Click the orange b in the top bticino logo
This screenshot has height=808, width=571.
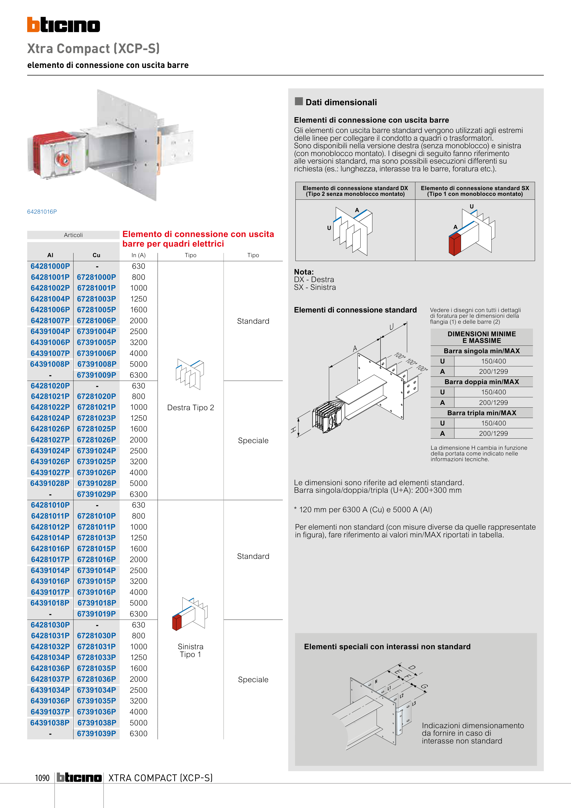pos(33,25)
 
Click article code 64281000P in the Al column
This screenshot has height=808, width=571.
pos(50,267)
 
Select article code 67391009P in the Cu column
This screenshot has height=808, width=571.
pos(97,375)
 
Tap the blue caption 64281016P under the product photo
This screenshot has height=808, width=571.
pos(42,212)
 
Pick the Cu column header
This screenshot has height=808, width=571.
pos(97,255)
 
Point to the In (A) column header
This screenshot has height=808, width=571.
pos(139,255)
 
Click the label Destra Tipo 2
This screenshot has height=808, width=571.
pos(190,407)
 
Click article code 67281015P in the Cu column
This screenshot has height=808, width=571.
pos(97,549)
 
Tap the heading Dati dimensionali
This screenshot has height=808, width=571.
pos(341,102)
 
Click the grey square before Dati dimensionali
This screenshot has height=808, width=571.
pos(299,101)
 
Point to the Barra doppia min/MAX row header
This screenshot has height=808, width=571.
pos(481,382)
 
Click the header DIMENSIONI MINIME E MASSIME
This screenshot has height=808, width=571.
pos(481,337)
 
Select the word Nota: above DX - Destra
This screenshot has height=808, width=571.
pos(304,272)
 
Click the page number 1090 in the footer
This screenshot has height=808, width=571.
pos(42,778)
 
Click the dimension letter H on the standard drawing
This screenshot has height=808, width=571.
pos(293,430)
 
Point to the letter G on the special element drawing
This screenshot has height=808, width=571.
pos(424,687)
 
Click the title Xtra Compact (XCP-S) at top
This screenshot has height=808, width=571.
pos(94,48)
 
